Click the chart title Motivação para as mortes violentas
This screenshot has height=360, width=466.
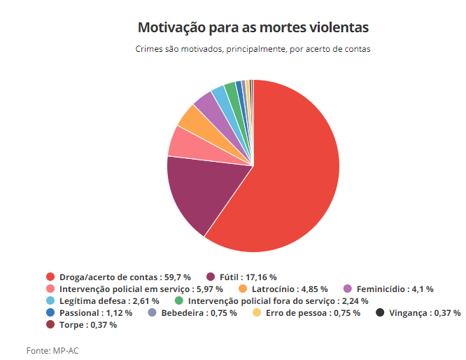[253, 28]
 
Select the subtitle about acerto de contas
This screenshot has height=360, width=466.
[253, 50]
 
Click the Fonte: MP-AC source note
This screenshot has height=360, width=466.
[47, 349]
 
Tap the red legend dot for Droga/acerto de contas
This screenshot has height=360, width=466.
[50, 277]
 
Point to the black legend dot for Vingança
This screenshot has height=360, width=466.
[380, 312]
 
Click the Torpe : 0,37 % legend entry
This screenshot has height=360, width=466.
[87, 324]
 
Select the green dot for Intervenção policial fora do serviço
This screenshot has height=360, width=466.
[179, 300]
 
